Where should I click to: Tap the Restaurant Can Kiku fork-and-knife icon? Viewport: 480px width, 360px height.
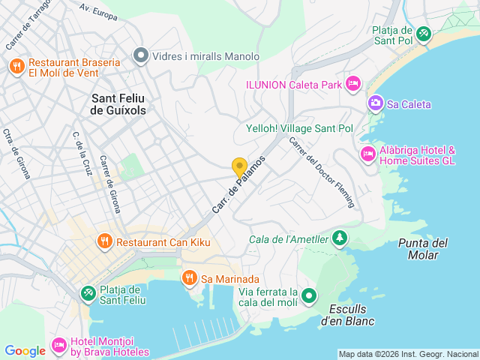pos(104,242)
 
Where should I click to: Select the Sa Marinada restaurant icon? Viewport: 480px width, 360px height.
pos(189,279)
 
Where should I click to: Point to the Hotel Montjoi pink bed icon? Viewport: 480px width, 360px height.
pos(58,346)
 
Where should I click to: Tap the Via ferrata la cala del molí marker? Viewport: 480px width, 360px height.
pos(308,297)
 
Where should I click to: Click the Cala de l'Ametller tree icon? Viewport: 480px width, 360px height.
pos(340,238)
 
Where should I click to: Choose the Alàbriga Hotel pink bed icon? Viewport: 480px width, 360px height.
pos(367,154)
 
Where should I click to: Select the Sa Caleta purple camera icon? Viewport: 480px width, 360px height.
pos(375,103)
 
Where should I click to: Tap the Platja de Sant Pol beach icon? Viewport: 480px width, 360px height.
pos(424,34)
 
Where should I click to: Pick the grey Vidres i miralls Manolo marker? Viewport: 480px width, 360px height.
pos(140,55)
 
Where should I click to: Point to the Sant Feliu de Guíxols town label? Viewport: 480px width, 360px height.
pos(118,103)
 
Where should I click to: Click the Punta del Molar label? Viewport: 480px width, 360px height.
pos(423,249)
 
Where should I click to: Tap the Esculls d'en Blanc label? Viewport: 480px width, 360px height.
pos(352,315)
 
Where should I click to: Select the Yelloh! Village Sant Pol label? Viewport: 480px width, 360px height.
pos(299,128)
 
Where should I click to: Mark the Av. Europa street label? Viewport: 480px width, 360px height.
pos(98,12)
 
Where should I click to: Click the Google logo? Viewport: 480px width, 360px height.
pos(25,350)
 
